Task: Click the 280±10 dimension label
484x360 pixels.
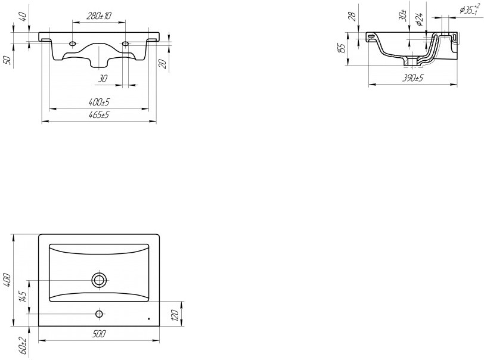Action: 99,15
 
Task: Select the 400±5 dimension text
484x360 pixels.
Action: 99,101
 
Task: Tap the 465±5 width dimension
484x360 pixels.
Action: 99,115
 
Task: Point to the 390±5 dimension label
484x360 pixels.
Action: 413,78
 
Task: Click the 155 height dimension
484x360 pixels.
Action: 342,48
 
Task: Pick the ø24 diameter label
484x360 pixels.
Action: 418,19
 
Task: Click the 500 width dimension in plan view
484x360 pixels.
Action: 99,334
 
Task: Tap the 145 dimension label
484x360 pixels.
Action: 23,297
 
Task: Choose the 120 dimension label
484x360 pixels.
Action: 175,315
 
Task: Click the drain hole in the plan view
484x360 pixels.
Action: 99,280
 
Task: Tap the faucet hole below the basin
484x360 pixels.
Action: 99,314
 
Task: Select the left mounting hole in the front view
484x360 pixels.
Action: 73,44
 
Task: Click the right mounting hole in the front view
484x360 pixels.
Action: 125,44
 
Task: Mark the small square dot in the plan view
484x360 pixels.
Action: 149,319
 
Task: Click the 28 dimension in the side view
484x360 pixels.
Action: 352,17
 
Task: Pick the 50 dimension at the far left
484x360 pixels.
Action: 8,60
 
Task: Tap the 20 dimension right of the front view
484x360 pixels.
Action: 163,64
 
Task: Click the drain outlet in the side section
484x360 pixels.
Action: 412,62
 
